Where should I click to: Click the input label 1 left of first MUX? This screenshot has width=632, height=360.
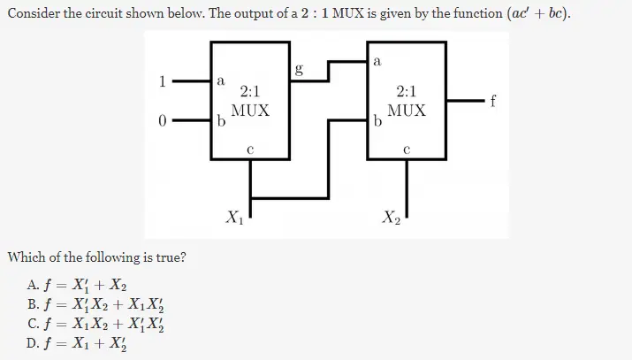162,81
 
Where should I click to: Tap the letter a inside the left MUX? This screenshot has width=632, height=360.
220,80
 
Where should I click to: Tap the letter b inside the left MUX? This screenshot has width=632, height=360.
220,122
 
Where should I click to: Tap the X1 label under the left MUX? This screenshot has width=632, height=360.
234,215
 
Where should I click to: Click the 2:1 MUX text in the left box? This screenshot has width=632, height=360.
250,101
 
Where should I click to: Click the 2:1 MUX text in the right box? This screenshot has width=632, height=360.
407,101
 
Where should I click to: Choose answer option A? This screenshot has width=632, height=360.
78,286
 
